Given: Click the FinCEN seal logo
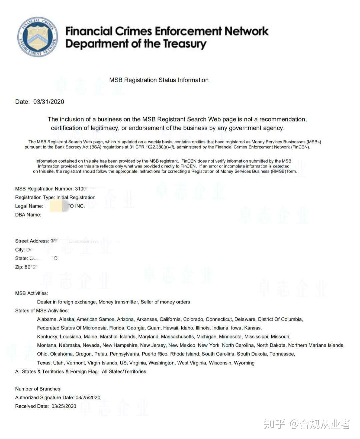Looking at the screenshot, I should click(37, 37).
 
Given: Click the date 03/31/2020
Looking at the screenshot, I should click(49, 102).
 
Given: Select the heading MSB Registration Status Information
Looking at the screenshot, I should click(159, 80).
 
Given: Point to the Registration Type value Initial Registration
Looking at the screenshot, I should click(76, 197).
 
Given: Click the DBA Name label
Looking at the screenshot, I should click(28, 215).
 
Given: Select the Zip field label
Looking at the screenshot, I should click(19, 267).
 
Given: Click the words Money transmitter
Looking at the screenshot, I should click(118, 302).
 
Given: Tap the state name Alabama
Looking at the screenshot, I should click(47, 319).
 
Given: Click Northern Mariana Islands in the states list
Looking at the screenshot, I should click(316, 345).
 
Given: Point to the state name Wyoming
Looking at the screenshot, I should click(244, 363).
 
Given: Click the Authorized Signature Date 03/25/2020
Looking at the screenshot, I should click(88, 397).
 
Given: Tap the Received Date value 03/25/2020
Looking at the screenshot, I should click(64, 406).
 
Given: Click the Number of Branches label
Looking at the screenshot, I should click(38, 389).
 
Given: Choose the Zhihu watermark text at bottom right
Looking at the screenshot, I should click(307, 424).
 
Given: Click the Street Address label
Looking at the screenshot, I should click(32, 241).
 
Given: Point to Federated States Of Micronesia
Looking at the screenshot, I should click(72, 328).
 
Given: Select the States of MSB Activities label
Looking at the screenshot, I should click(42, 310).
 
